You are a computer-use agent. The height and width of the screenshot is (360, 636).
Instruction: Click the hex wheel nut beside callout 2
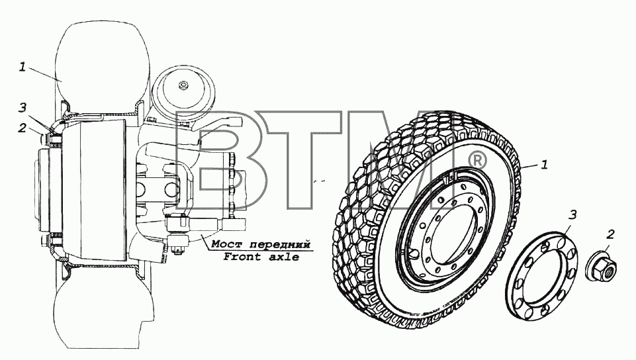click(x=601, y=266)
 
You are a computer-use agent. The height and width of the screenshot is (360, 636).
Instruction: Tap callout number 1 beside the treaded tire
click(x=545, y=165)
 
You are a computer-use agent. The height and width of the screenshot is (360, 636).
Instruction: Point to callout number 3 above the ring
click(x=572, y=214)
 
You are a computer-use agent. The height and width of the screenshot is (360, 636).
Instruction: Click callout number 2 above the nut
click(x=610, y=234)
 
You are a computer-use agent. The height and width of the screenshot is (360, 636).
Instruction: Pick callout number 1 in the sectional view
click(x=23, y=66)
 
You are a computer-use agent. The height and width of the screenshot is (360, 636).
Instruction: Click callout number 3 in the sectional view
click(x=23, y=107)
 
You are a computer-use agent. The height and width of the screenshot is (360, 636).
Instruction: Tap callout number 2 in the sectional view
click(x=22, y=128)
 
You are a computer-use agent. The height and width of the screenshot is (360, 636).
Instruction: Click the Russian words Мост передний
click(x=261, y=244)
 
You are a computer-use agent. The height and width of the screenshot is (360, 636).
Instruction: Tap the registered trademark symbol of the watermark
click(x=477, y=161)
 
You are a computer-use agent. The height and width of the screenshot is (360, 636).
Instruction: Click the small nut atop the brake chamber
click(x=183, y=85)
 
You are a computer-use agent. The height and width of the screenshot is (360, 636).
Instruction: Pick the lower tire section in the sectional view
click(x=103, y=308)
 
